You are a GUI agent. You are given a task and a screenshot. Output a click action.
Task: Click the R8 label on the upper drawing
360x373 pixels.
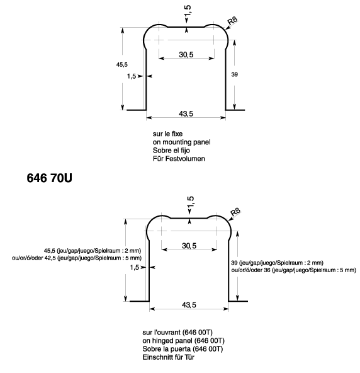click(232, 21)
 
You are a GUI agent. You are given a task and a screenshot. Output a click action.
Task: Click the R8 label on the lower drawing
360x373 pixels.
click(235, 212)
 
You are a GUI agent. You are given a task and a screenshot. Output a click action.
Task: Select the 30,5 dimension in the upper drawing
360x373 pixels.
click(186, 55)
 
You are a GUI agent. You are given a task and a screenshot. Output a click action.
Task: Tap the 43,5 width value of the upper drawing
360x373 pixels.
click(186, 113)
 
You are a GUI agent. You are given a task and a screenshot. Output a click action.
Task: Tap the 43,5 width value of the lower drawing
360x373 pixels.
click(188, 305)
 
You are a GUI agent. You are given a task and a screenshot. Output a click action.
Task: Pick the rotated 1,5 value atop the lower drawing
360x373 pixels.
click(191, 202)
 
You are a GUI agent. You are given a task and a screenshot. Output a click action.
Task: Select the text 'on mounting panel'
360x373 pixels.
click(181, 142)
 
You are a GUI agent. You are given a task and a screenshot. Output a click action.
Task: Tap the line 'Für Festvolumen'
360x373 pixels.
click(179, 159)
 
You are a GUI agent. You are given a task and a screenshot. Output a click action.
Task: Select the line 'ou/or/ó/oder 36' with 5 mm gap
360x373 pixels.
click(294, 270)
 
